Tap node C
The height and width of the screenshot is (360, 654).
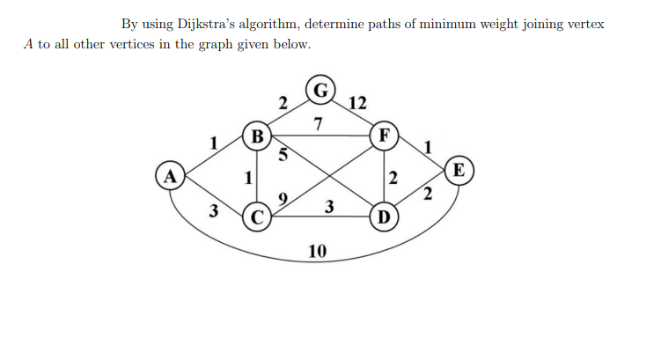tap(257, 215)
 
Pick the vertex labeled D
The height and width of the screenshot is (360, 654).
tap(383, 215)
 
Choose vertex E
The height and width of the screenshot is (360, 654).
tap(459, 169)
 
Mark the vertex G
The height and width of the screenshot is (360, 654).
tap(322, 90)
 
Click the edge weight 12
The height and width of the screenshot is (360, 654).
tap(357, 103)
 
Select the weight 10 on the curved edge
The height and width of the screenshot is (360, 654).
tap(318, 252)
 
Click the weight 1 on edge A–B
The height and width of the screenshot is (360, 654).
tap(212, 141)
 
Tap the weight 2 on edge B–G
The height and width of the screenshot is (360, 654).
tap(282, 103)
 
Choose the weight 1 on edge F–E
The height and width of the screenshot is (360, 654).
tap(427, 147)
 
